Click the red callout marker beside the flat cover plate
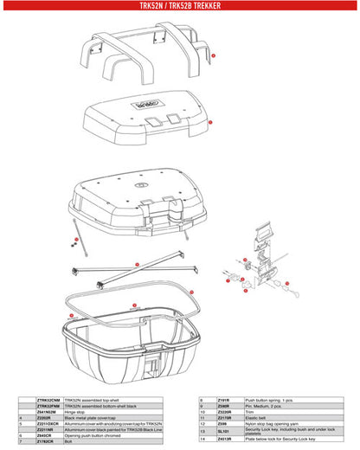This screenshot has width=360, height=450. (x=210, y=123)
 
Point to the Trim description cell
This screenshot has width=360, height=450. (x=251, y=410)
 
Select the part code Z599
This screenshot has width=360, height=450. (x=222, y=422)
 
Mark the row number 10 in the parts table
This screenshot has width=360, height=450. (x=201, y=405)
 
